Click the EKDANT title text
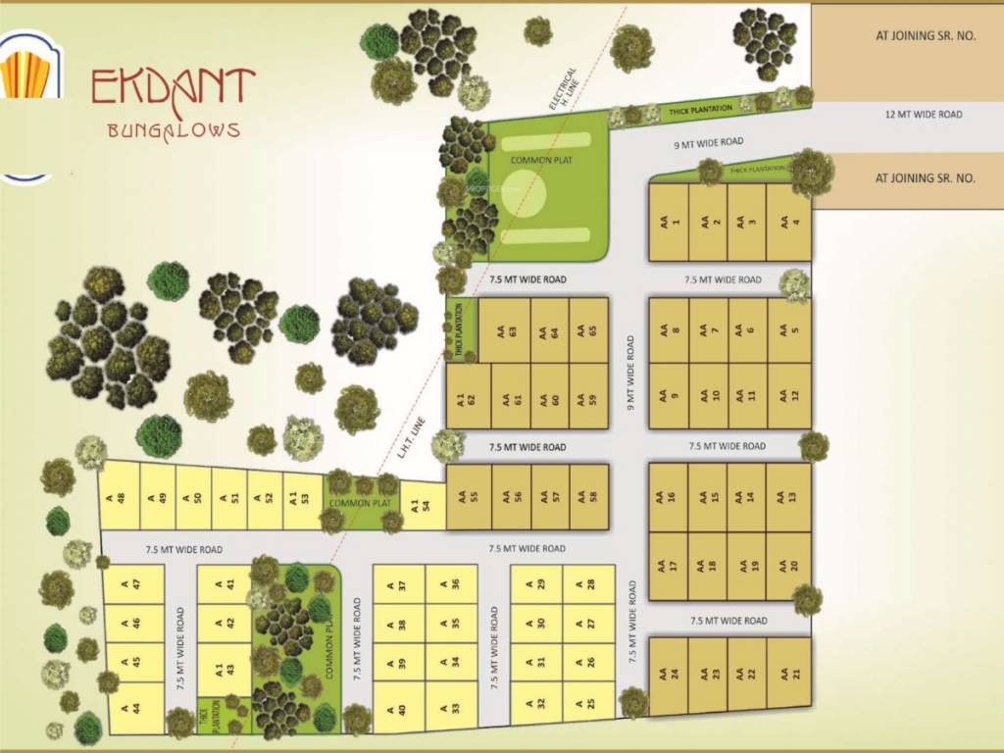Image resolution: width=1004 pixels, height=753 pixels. [x=174, y=87]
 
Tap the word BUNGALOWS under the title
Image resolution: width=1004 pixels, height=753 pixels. [x=173, y=129]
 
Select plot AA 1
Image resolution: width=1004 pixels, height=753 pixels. [x=670, y=224]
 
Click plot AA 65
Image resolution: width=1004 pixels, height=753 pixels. [x=587, y=331]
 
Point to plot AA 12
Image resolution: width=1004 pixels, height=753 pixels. [x=789, y=396]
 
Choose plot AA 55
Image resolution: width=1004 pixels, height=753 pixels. [x=469, y=496]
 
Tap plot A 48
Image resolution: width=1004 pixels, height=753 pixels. [x=121, y=496]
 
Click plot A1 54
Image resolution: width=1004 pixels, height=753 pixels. [x=421, y=506]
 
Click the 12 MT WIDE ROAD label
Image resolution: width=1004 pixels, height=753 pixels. [x=924, y=115]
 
